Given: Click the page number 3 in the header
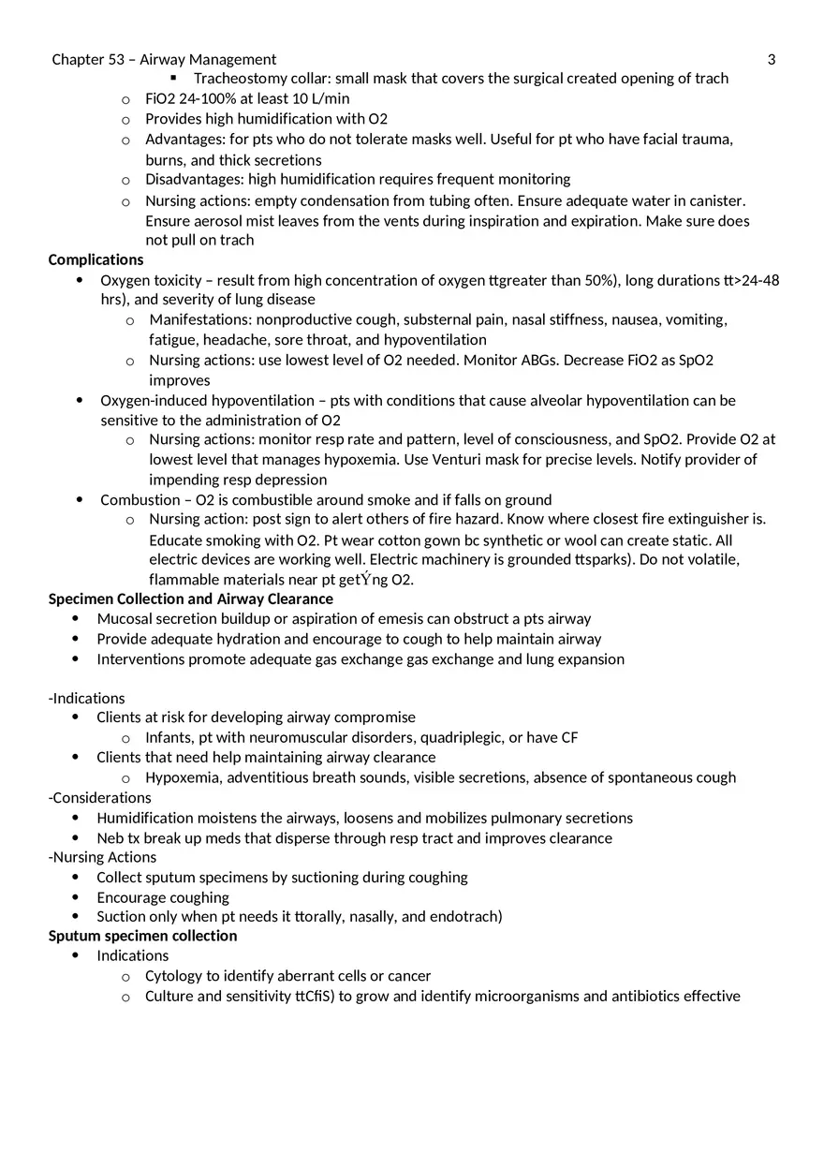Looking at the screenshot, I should point(772,60).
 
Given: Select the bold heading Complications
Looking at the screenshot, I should point(96,259).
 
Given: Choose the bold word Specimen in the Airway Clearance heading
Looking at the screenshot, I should point(81,599).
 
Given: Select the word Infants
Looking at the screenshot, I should point(169,737).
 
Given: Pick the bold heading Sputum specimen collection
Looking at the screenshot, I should point(142,936).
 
